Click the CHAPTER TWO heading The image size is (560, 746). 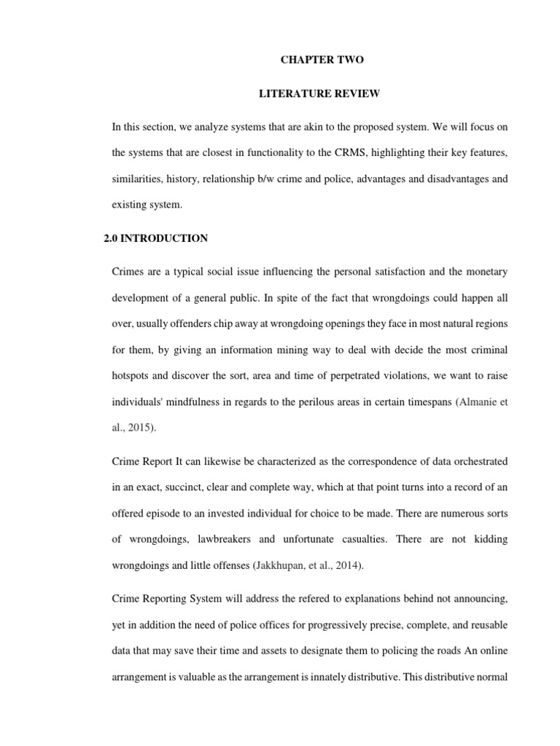tap(322, 60)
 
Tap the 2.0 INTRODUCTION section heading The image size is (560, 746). tap(157, 238)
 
